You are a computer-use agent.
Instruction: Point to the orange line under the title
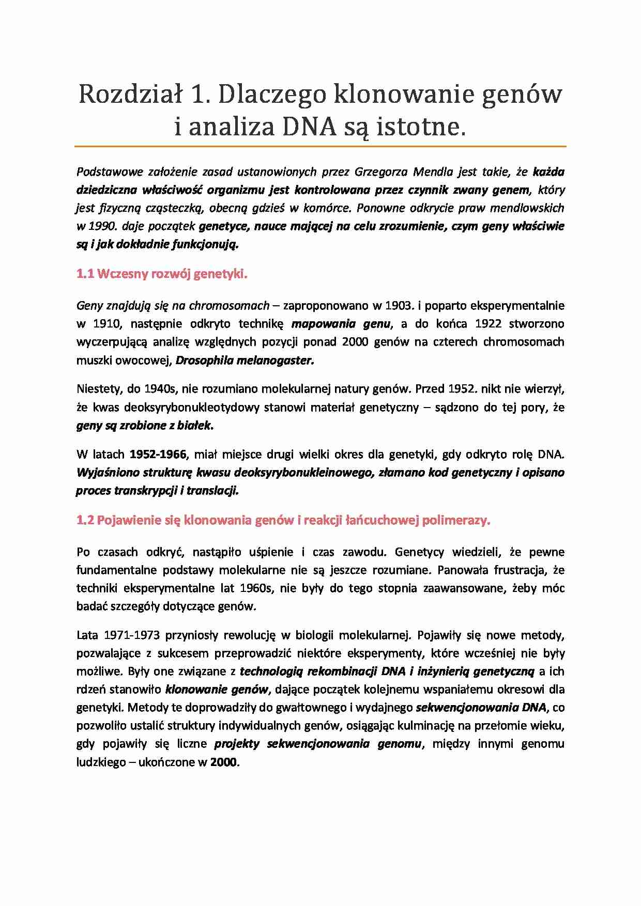point(320,147)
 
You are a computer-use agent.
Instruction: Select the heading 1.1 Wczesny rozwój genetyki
point(162,274)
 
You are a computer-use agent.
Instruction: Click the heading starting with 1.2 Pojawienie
point(283,520)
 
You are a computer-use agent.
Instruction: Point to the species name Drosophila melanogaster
point(245,361)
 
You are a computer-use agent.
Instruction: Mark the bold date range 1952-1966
point(158,455)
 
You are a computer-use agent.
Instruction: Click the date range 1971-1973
point(132,635)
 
